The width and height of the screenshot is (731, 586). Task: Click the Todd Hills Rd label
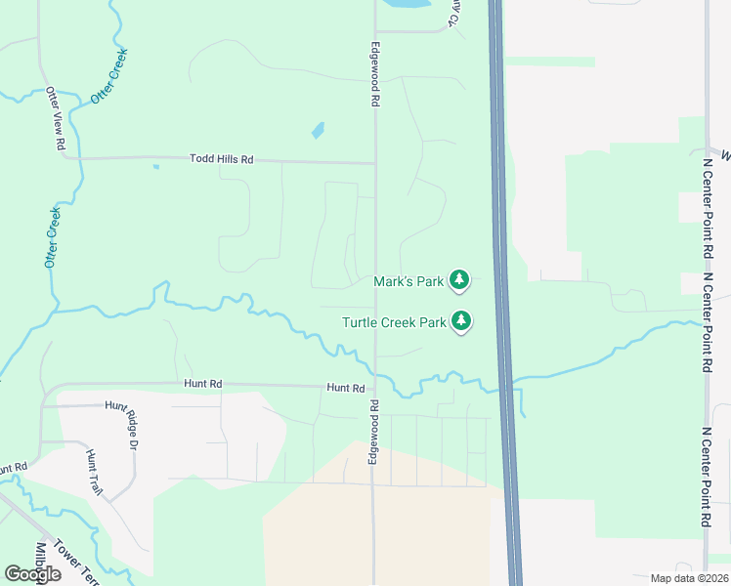tap(221, 158)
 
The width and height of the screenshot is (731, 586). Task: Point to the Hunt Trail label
tap(93, 473)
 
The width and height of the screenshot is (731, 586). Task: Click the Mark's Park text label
tap(409, 281)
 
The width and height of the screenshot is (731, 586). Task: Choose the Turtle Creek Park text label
tap(394, 321)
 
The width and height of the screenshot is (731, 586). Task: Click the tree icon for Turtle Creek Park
tap(460, 320)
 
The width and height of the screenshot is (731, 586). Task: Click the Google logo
tap(32, 574)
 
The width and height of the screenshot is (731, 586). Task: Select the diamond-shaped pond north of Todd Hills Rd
tap(318, 129)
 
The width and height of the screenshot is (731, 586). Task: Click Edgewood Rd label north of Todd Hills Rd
tap(374, 73)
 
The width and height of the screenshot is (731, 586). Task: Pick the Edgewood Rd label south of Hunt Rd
tap(373, 431)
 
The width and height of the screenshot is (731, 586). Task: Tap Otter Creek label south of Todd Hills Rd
tap(53, 237)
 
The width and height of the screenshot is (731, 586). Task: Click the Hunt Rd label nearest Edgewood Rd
tap(345, 388)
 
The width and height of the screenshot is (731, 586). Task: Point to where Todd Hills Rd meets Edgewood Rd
tap(375, 163)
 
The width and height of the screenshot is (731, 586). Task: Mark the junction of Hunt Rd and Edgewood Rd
tap(373, 388)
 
